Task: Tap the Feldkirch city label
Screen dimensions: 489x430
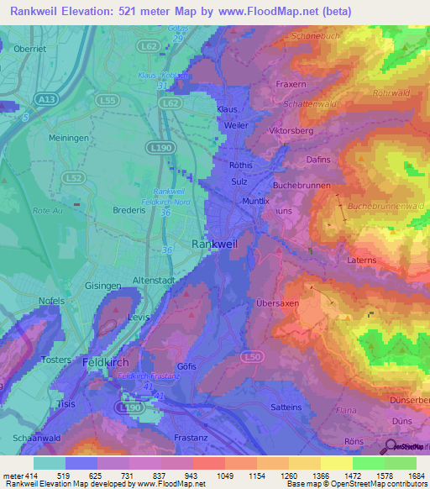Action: point(109,362)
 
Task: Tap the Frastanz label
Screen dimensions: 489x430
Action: point(196,439)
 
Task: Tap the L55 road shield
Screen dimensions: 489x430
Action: point(107,99)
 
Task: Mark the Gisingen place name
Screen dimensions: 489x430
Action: point(103,286)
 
